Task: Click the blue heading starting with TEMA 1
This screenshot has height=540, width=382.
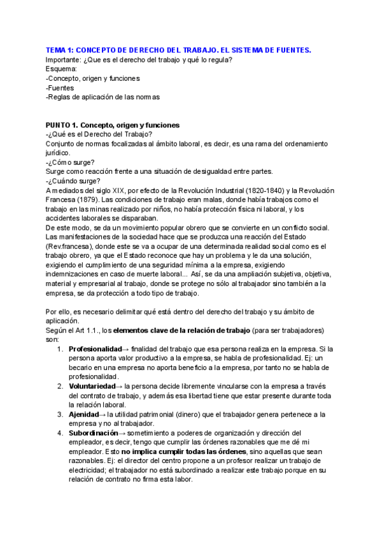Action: click(x=178, y=50)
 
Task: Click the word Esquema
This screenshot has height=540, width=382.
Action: click(x=61, y=69)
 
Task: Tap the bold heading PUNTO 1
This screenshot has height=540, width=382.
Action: click(x=113, y=125)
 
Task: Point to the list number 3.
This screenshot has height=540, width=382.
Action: click(x=59, y=414)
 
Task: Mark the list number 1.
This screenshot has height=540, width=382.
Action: click(x=59, y=349)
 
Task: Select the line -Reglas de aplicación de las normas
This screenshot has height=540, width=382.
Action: click(x=103, y=97)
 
